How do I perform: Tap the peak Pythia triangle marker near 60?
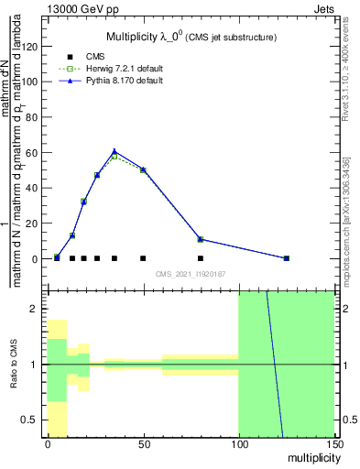(x=115, y=152)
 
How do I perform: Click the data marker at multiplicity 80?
(x=201, y=239)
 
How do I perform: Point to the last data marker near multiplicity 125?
(x=287, y=258)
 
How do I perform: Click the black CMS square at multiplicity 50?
(x=143, y=258)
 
